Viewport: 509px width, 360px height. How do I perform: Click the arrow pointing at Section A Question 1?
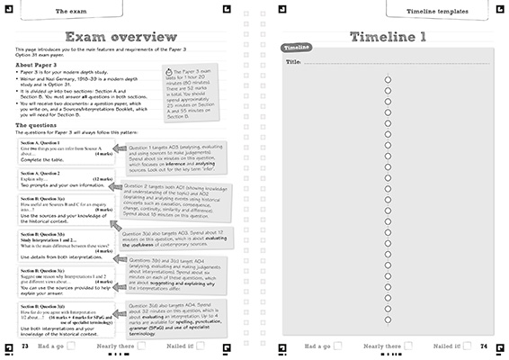point(121,149)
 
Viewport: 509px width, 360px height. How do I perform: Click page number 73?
point(24,346)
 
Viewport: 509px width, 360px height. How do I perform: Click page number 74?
point(484,346)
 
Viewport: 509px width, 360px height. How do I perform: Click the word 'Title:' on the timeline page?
point(292,63)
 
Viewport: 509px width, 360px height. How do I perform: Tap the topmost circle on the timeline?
point(388,79)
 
